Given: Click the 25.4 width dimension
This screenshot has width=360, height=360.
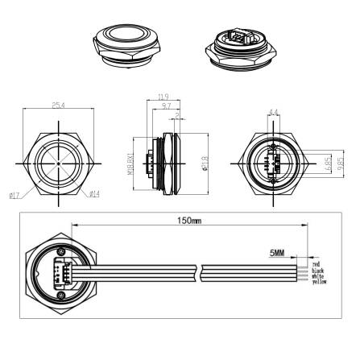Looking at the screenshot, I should pyautogui.click(x=59, y=105).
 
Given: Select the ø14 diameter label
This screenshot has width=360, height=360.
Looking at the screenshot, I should pyautogui.click(x=93, y=193).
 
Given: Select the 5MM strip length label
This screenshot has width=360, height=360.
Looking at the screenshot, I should pyautogui.click(x=277, y=252).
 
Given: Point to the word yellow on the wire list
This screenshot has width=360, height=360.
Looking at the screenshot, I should pyautogui.click(x=319, y=281).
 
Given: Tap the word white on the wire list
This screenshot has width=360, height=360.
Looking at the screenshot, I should pyautogui.click(x=317, y=275).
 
